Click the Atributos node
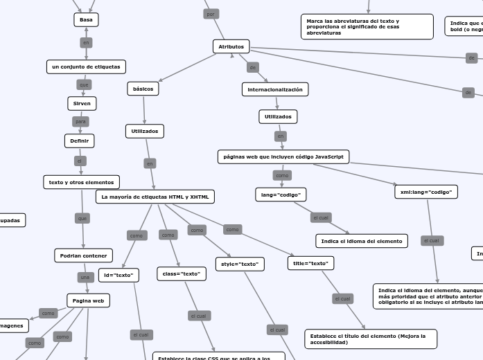[231, 46]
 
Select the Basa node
[86, 20]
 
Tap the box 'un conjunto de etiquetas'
[86, 66]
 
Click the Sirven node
[82, 103]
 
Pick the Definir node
[80, 141]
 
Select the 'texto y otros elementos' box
[81, 182]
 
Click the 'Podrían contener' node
[83, 255]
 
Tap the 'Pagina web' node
[88, 300]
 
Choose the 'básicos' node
[143, 89]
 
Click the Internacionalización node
[275, 89]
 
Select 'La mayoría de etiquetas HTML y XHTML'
[155, 197]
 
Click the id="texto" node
[118, 275]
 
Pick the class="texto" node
[182, 273]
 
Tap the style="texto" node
[240, 264]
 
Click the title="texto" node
[310, 263]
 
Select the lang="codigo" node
[281, 195]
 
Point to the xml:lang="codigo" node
[426, 192]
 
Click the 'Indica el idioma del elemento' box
[362, 241]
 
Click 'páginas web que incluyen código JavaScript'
[283, 156]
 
